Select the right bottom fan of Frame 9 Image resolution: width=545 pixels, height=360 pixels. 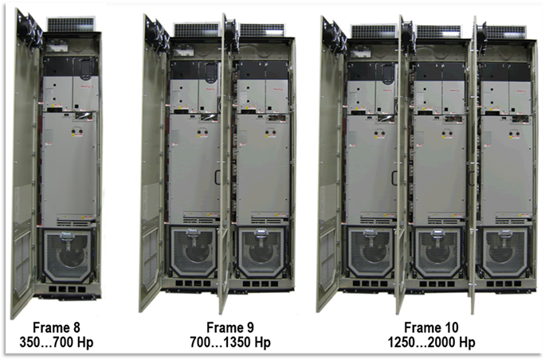pyautogui.click(x=261, y=253)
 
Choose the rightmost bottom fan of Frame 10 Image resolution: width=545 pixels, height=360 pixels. pyautogui.click(x=504, y=253)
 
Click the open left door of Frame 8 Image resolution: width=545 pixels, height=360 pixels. pyautogui.click(x=25, y=167)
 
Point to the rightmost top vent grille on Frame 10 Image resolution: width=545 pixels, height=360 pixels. pyautogui.click(x=504, y=32)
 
